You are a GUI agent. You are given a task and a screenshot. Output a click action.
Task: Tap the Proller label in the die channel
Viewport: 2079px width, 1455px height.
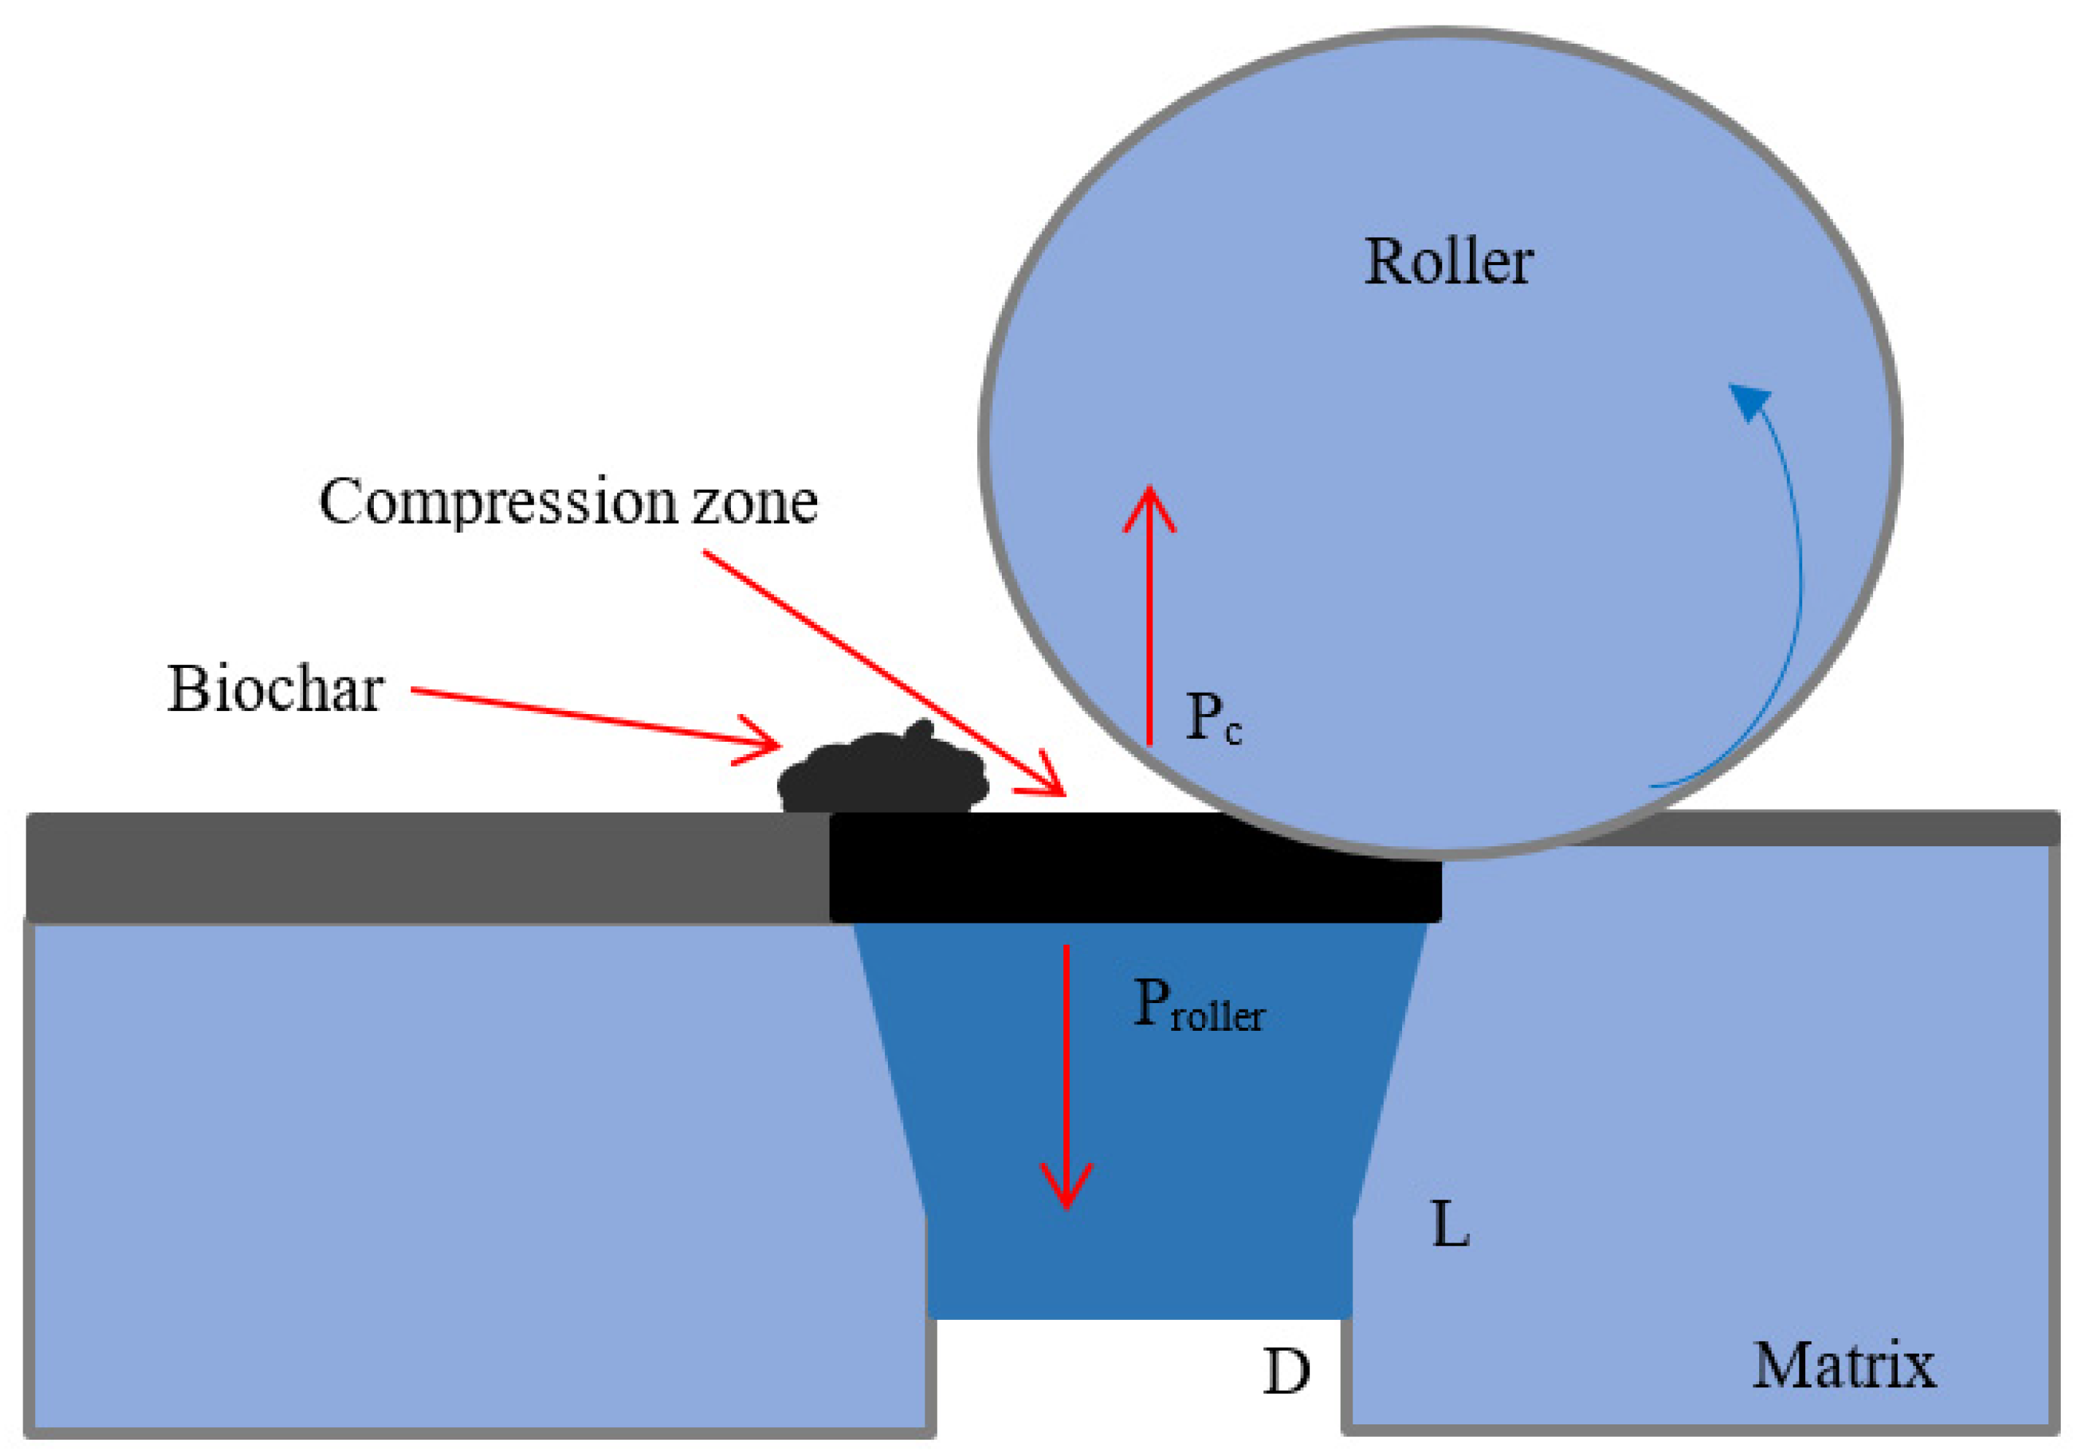1197,1007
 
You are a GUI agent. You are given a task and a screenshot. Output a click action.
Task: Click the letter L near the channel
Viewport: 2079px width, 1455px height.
1450,1226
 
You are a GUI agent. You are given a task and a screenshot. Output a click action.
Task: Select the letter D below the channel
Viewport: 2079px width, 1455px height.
1286,1373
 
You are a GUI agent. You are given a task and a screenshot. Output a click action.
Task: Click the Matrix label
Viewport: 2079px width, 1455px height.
1844,1366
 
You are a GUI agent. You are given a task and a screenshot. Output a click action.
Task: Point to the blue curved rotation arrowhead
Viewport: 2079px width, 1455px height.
1750,401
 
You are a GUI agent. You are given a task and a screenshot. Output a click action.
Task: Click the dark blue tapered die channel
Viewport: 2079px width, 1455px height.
1138,1132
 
